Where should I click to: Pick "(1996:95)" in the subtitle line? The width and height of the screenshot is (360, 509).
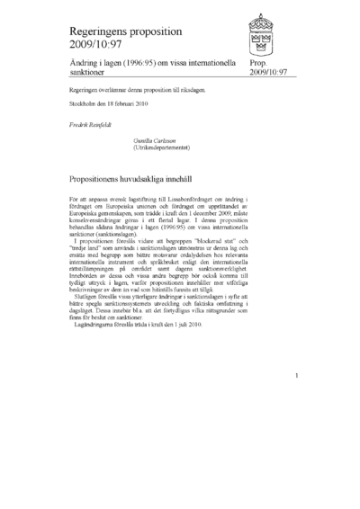pos(142,64)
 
